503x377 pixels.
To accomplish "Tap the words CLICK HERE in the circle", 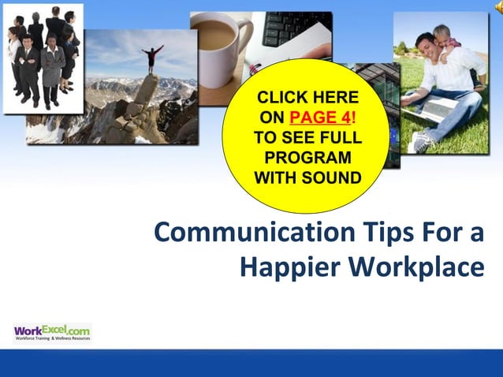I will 307,98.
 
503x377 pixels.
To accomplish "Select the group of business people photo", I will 43,55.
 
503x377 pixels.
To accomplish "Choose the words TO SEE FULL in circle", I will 307,136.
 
